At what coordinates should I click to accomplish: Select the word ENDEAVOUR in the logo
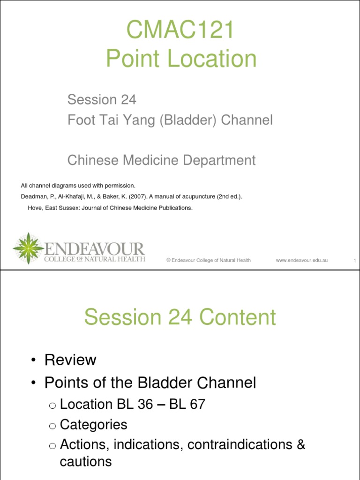[94, 248]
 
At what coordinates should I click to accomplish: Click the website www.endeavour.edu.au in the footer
[301, 260]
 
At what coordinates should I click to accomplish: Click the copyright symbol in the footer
[168, 260]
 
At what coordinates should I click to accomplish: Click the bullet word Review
[70, 360]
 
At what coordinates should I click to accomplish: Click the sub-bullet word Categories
[94, 425]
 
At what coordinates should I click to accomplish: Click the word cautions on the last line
[86, 462]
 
